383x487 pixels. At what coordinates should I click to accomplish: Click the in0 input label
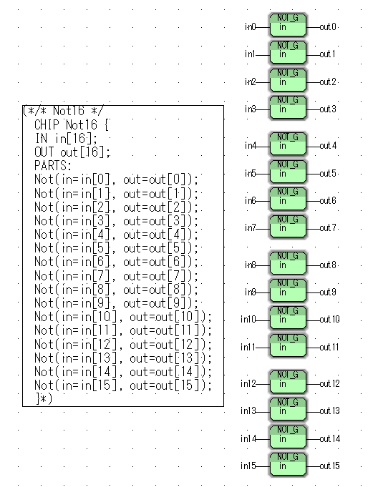pos(250,27)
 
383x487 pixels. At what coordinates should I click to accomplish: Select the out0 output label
pos(328,27)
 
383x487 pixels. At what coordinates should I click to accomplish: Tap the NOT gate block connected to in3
pos(288,107)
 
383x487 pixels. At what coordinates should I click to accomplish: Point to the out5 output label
pos(328,173)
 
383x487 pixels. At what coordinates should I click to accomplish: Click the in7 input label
pos(250,228)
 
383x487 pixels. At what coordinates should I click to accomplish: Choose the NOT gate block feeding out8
pos(288,263)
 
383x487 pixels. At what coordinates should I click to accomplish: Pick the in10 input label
pos(248,319)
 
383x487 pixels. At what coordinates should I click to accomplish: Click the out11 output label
pos(329,347)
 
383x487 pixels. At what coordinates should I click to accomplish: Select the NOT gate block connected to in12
pos(288,382)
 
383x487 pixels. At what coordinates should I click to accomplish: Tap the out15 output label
pos(329,466)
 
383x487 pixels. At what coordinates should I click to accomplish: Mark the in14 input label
pos(248,438)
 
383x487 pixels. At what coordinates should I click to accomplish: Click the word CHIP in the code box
pos(47,125)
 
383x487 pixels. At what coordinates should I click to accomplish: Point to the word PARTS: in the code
pos(53,165)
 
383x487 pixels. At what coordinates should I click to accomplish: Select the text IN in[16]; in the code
pos(66,139)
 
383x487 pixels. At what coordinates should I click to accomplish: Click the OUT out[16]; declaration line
pos(72,152)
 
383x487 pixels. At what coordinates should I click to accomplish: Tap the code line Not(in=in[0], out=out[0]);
pos(116,179)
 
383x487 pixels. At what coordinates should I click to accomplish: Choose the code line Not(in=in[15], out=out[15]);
pos(123,385)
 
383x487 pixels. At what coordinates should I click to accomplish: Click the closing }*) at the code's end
pos(44,398)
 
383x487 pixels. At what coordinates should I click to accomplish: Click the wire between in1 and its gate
pos(263,55)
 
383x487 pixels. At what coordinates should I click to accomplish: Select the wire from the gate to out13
pos(313,412)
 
